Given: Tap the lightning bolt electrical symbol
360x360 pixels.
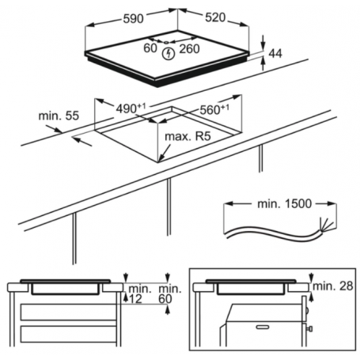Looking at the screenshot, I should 168,54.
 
